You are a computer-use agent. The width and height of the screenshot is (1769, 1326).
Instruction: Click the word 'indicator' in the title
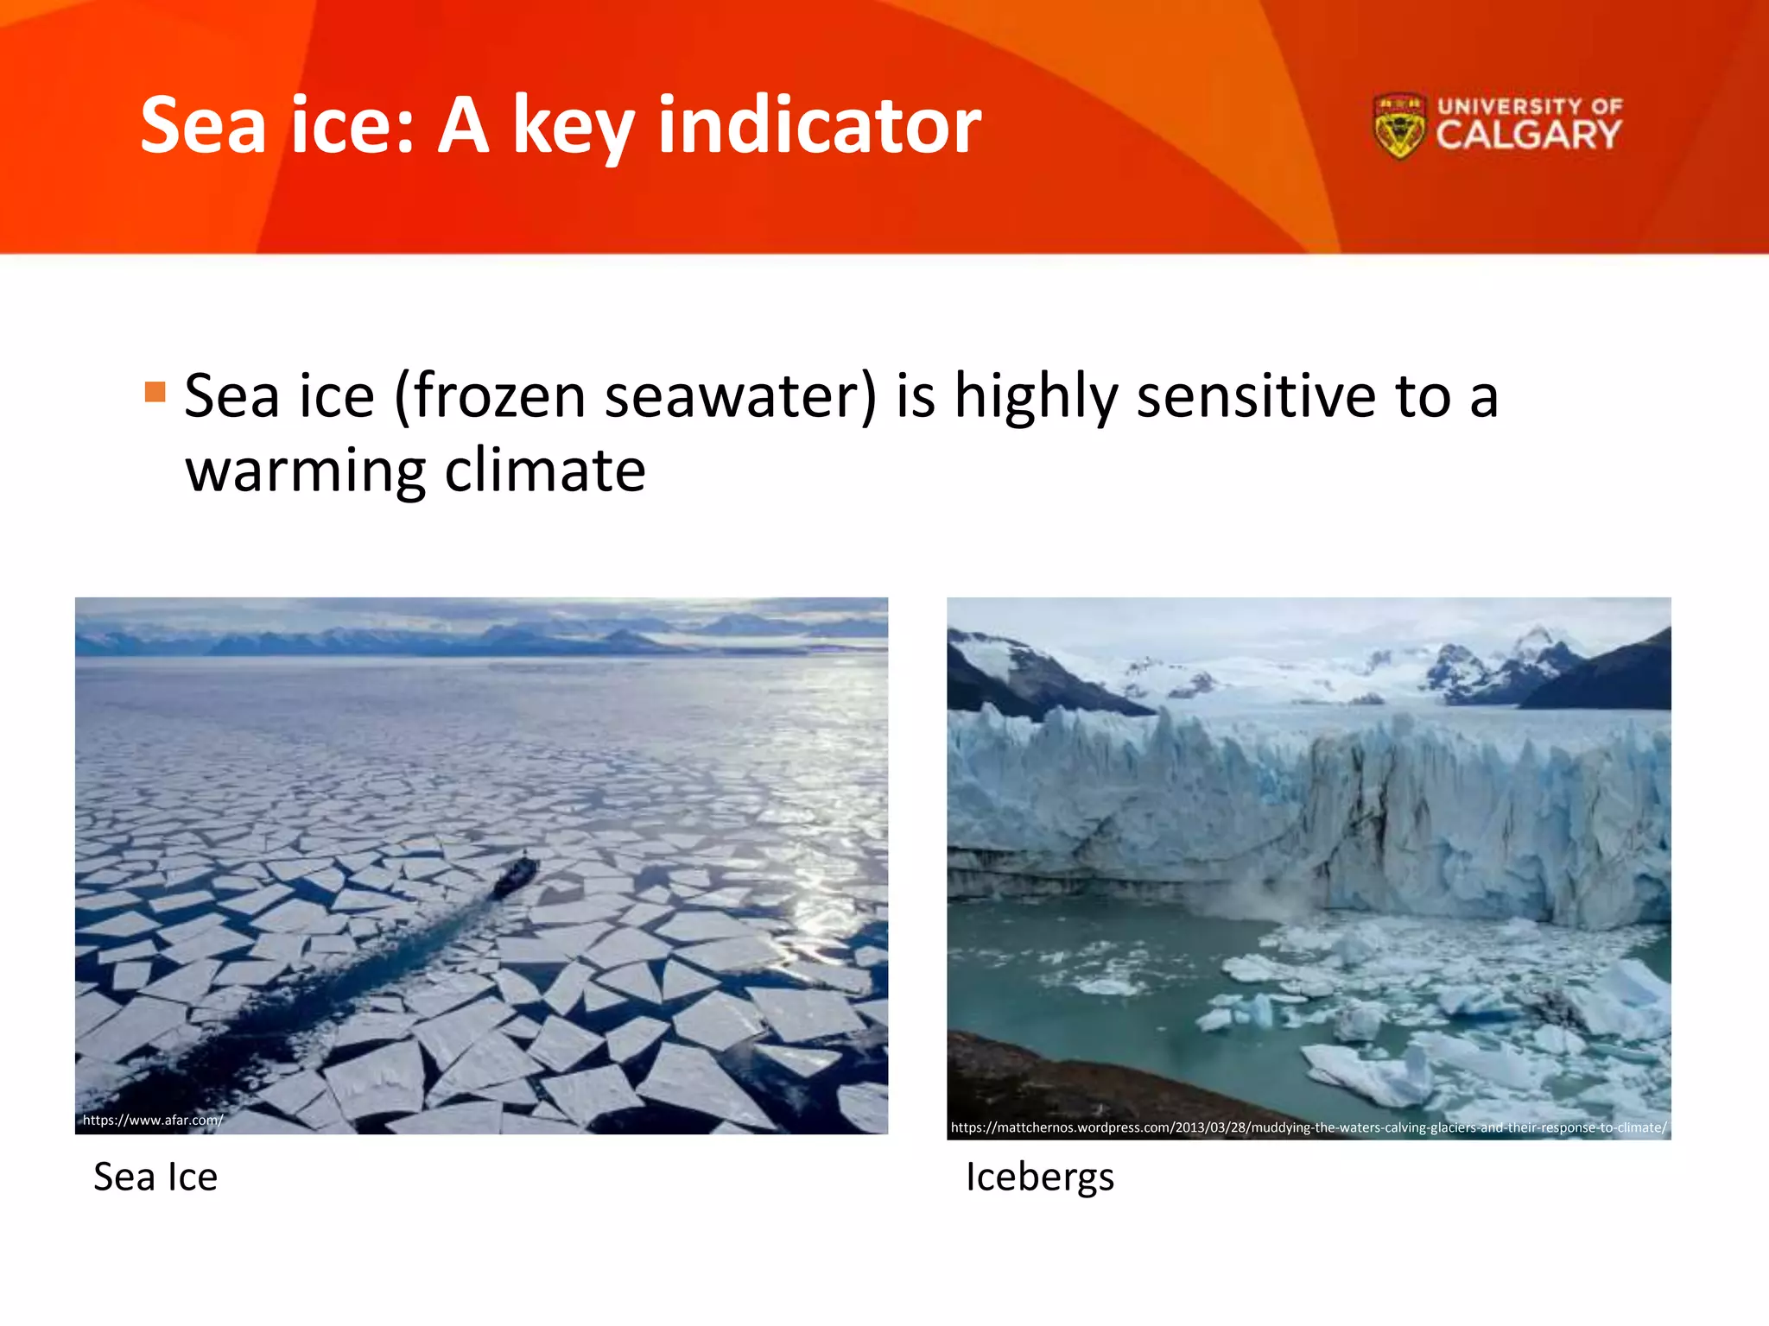[819, 127]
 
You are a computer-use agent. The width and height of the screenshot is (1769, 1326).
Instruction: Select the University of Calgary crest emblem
[1398, 127]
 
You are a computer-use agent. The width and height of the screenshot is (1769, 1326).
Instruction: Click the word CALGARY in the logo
[1528, 136]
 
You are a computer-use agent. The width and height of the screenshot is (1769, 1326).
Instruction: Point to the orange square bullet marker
[155, 392]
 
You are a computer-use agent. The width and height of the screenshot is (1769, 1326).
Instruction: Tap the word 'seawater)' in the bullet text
[740, 397]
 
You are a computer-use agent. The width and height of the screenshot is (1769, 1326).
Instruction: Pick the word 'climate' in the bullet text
[545, 471]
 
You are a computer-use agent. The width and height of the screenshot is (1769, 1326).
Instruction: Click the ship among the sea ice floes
[516, 875]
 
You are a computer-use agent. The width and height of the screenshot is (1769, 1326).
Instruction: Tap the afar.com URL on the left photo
[153, 1120]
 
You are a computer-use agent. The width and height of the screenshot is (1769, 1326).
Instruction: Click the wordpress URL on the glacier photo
[1308, 1127]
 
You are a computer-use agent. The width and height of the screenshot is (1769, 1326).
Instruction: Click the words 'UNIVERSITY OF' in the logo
[1530, 106]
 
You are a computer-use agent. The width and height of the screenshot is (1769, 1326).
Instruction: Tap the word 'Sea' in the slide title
[203, 127]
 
